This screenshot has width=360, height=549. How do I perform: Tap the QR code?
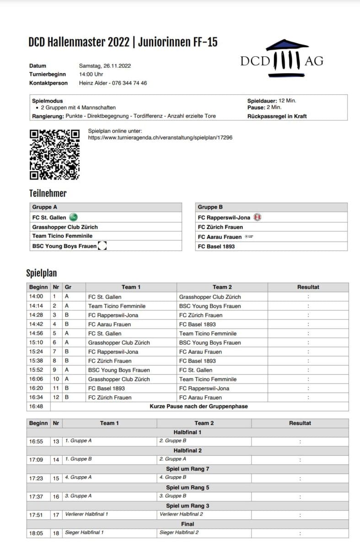tap(54, 154)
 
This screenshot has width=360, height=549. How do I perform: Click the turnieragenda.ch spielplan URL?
tap(160, 137)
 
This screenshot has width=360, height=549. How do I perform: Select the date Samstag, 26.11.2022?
tap(105, 66)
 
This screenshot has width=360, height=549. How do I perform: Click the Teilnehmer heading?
tap(48, 193)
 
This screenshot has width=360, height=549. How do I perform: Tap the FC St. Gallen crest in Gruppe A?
tap(73, 217)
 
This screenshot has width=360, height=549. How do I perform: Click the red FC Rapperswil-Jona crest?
tap(258, 218)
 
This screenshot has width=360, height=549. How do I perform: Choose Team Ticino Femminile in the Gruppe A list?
tap(62, 236)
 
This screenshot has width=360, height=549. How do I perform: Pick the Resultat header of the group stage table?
tap(308, 287)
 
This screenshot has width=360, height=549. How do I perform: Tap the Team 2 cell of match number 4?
tap(197, 324)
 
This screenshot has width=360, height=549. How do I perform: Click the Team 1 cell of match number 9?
tap(119, 370)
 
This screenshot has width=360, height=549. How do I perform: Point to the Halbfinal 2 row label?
tap(188, 450)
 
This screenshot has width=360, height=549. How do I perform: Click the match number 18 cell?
tap(56, 533)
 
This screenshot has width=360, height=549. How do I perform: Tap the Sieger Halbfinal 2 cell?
tap(179, 533)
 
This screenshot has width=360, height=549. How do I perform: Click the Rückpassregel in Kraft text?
tap(277, 116)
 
